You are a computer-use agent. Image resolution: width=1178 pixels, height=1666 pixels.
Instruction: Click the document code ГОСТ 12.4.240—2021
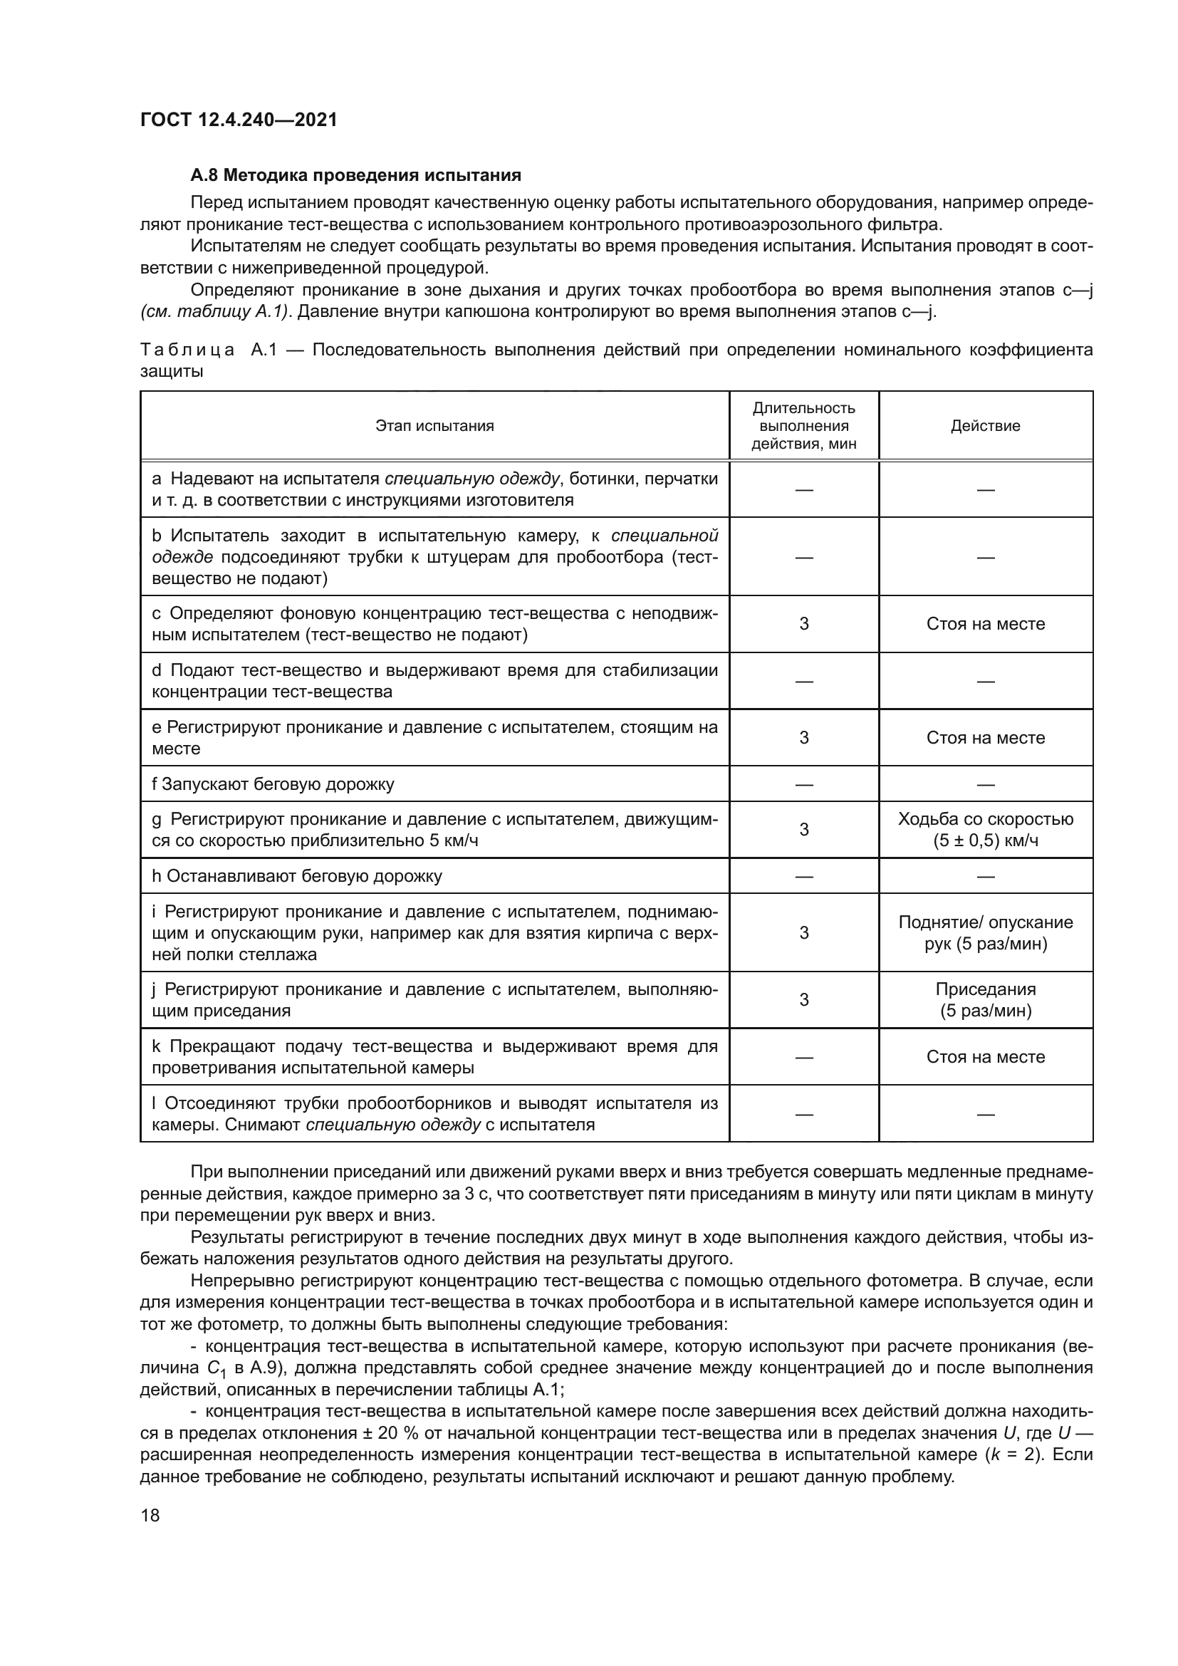point(239,120)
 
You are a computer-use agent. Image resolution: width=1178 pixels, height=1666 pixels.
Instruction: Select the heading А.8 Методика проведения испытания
point(355,176)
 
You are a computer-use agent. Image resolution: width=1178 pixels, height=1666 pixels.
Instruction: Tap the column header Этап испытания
point(434,426)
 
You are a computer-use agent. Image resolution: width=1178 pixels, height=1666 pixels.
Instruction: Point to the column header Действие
point(985,426)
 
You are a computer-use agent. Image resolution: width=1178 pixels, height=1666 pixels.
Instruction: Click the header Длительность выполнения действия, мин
point(803,426)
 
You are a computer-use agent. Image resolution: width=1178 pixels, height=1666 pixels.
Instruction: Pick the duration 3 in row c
point(803,624)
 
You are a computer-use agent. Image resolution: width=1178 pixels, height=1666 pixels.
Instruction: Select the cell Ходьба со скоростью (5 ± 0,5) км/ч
point(985,829)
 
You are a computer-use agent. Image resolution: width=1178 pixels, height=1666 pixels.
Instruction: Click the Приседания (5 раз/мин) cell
point(985,1000)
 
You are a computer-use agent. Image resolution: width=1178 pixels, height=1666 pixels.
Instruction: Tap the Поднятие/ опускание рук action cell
point(985,932)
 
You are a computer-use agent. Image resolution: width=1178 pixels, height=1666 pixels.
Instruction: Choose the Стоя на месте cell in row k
point(985,1056)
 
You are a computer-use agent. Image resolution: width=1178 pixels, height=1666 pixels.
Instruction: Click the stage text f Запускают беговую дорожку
point(273,784)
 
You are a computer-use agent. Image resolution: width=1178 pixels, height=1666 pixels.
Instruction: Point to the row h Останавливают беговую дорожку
point(298,876)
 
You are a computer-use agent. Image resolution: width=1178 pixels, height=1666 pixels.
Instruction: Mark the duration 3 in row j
point(803,1000)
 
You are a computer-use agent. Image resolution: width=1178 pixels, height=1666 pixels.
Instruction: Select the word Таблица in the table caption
point(187,350)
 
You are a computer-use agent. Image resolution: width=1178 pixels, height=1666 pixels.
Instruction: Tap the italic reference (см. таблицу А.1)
point(214,312)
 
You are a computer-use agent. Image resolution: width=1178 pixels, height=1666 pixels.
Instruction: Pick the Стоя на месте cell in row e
point(985,738)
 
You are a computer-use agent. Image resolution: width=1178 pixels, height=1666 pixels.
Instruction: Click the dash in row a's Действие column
point(985,490)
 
